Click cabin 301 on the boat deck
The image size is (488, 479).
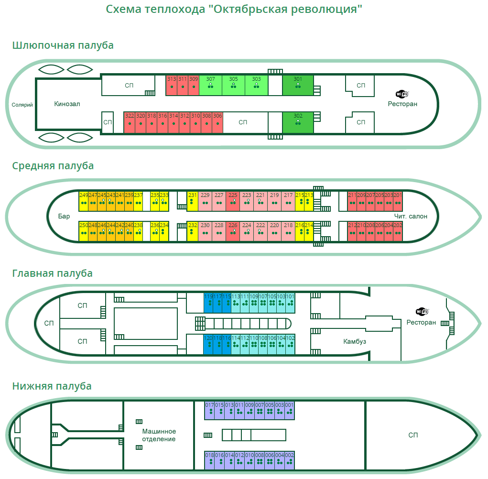pyautogui.click(x=298, y=85)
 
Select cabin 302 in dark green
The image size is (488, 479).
pyautogui.click(x=298, y=121)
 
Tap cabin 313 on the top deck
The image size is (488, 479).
pyautogui.click(x=171, y=85)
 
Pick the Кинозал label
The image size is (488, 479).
pyautogui.click(x=67, y=104)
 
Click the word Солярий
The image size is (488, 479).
pyautogui.click(x=22, y=105)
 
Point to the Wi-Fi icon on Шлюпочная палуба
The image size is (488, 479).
pyautogui.click(x=402, y=94)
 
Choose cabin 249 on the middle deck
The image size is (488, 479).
pyautogui.click(x=84, y=201)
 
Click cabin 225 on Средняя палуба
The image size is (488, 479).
pyautogui.click(x=233, y=201)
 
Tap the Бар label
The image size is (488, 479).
pyautogui.click(x=64, y=216)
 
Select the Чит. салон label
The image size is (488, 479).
pyautogui.click(x=411, y=216)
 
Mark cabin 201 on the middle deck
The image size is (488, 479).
pyautogui.click(x=398, y=201)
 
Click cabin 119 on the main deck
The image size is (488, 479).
pyautogui.click(x=208, y=303)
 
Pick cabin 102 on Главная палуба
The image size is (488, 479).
pyautogui.click(x=290, y=344)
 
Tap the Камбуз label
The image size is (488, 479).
pyautogui.click(x=355, y=341)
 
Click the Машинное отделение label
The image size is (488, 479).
pyautogui.click(x=159, y=435)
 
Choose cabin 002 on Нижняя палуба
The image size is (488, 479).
pyautogui.click(x=289, y=460)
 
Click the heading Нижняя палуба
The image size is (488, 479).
pyautogui.click(x=52, y=386)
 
